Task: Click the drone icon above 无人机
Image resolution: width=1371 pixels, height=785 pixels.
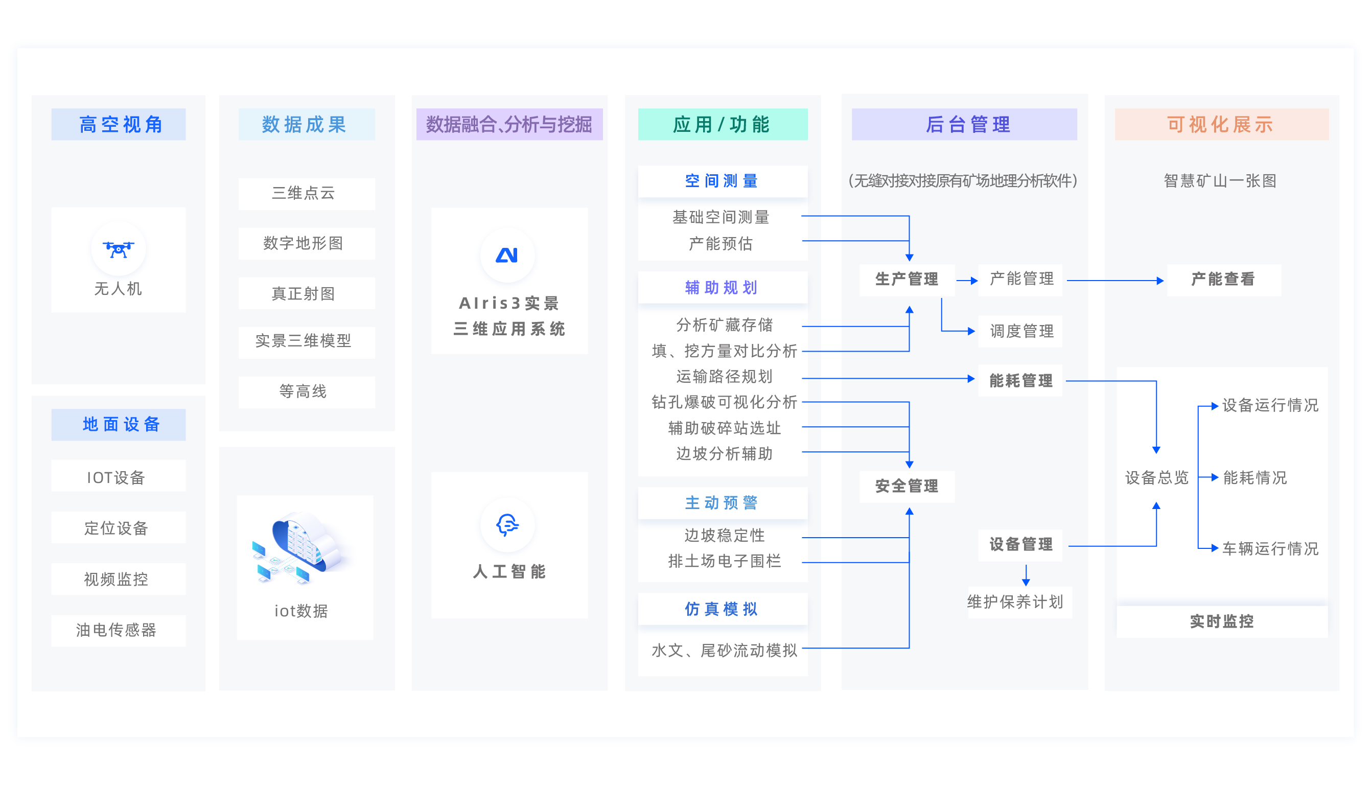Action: coord(118,249)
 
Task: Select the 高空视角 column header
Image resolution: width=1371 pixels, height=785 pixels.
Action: coord(119,125)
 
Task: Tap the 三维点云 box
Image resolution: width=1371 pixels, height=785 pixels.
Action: coord(306,193)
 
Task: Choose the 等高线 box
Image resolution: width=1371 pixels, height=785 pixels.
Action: coord(306,391)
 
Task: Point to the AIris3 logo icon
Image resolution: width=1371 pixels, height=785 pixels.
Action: coord(506,255)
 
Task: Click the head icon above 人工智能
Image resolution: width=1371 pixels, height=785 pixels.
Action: coord(506,524)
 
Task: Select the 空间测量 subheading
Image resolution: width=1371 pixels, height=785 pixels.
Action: coord(722,181)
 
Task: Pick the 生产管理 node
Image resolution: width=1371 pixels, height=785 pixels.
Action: coord(907,279)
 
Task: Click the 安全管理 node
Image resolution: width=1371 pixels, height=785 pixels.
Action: coord(907,487)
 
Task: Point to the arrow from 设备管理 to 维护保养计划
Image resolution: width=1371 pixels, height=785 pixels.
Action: coord(1026,575)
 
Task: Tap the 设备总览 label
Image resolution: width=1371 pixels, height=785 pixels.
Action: coord(1156,478)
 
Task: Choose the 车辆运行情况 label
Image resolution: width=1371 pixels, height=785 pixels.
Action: coord(1270,549)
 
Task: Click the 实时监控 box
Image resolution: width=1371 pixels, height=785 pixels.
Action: coord(1221,621)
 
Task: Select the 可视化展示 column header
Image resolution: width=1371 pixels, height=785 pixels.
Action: coord(1221,125)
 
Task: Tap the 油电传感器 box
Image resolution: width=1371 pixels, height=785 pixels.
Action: coord(118,630)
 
